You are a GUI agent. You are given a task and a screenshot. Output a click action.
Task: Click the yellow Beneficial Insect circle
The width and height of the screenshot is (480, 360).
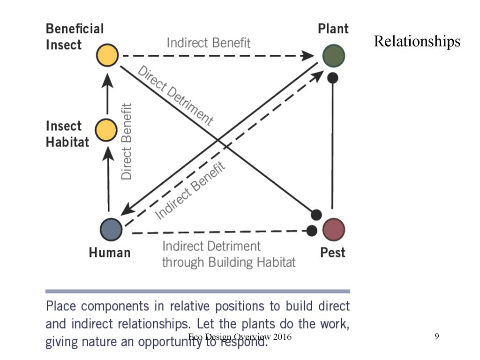tap(107, 55)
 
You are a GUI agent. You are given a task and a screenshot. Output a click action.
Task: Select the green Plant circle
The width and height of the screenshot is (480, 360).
tap(334, 55)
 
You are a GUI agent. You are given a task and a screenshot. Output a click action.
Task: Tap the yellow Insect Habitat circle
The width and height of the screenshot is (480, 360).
tap(106, 130)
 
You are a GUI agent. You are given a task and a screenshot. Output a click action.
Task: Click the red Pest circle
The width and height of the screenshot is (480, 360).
tap(334, 229)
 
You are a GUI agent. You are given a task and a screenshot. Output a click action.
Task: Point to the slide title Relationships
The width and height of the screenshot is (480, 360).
tap(417, 41)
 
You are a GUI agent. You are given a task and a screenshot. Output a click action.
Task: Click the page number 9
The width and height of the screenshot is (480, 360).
tap(437, 337)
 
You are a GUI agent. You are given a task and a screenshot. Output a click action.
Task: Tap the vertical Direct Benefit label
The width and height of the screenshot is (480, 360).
tap(127, 141)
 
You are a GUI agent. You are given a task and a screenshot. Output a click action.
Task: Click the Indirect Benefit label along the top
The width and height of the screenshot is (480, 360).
tap(209, 43)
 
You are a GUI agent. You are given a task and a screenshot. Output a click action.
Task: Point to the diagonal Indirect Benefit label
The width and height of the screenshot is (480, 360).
tap(190, 189)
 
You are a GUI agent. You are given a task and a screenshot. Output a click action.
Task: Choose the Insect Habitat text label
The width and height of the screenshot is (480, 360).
tap(67, 134)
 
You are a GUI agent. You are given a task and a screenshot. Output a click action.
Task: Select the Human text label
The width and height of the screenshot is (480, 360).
tap(110, 253)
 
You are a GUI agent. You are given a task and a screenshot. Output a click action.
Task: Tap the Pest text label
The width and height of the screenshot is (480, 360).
tap(333, 253)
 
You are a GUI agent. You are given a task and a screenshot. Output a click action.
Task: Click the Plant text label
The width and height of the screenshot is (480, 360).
tap(333, 29)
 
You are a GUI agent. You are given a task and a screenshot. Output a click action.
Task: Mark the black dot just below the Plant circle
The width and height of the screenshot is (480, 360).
tap(333, 78)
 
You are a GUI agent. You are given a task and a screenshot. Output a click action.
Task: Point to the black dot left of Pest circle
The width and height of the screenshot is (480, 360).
tap(312, 230)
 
